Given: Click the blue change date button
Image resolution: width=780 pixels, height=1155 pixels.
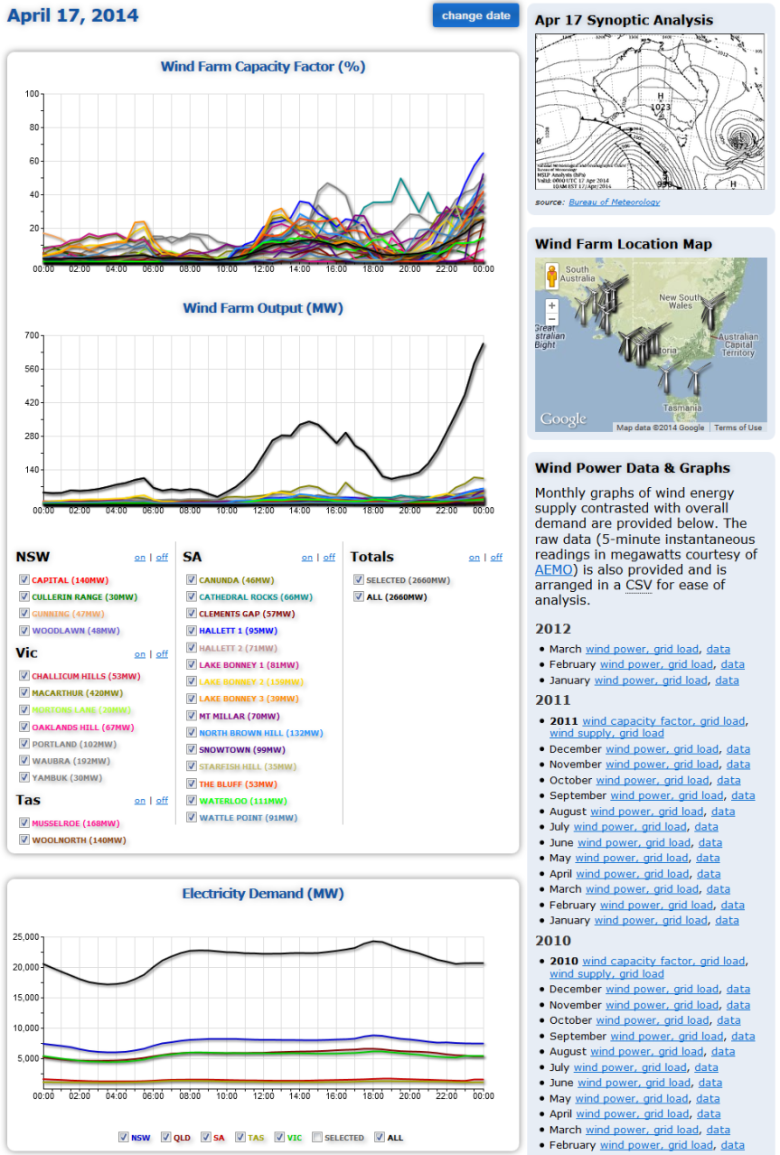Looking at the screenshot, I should click(475, 15).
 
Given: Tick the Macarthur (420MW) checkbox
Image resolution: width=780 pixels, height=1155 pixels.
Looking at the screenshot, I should click(24, 692).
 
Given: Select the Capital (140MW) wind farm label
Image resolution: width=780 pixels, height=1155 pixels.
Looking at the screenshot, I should click(69, 580).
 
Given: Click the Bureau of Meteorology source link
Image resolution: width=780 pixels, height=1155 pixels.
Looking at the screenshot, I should click(614, 202).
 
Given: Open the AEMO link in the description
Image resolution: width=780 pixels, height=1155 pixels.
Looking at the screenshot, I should click(554, 569).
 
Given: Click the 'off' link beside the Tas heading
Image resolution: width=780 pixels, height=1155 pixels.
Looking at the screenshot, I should click(162, 800).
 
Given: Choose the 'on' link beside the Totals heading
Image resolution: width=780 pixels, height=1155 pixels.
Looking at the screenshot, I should click(475, 557).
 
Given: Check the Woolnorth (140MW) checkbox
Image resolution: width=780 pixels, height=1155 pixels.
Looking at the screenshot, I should click(24, 840).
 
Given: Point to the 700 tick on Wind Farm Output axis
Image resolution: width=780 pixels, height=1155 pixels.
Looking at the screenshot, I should click(32, 335).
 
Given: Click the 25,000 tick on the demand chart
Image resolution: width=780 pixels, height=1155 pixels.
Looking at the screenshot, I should click(23, 936).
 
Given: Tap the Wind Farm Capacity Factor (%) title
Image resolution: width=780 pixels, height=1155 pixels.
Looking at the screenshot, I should click(263, 67).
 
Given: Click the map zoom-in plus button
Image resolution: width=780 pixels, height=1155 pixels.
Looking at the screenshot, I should click(552, 305).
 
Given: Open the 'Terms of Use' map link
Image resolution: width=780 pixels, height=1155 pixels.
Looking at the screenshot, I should click(738, 427).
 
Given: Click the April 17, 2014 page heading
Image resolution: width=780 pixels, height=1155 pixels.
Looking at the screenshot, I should click(73, 15).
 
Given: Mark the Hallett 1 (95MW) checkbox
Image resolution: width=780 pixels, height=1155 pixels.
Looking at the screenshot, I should click(192, 631).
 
